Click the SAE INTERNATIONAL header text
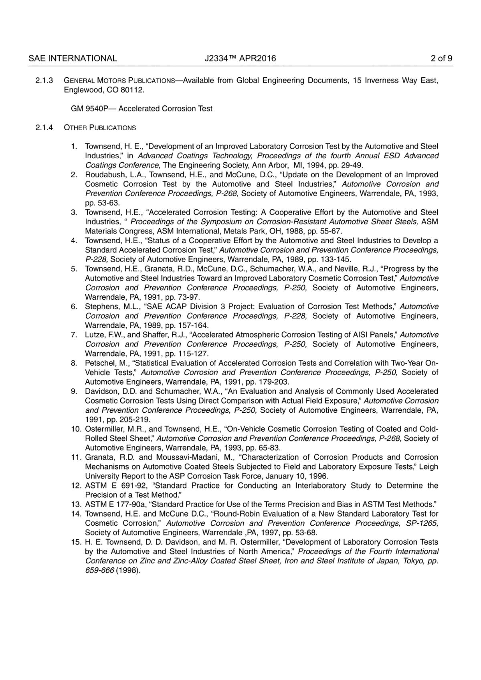click(x=73, y=59)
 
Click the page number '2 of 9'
click(x=441, y=59)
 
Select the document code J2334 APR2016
click(x=240, y=59)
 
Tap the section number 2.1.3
click(x=44, y=81)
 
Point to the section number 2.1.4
click(x=44, y=128)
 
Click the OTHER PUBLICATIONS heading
click(x=100, y=128)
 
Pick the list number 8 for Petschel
click(x=74, y=363)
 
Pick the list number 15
click(x=76, y=542)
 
